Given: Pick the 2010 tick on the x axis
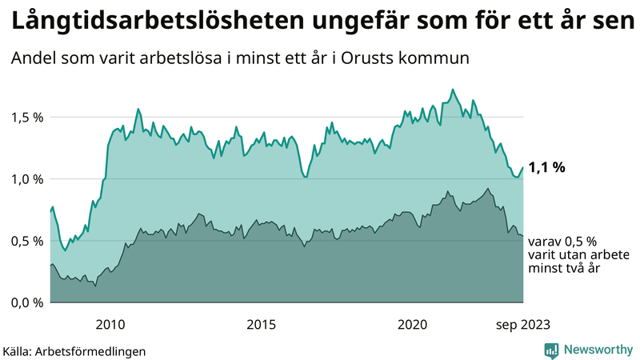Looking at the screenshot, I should pyautogui.click(x=110, y=324).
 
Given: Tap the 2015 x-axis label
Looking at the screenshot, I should pyautogui.click(x=261, y=324).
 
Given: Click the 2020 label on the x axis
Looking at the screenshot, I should pyautogui.click(x=412, y=324).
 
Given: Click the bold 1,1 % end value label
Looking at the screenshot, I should pyautogui.click(x=547, y=168).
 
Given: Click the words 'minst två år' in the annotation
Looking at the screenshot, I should pyautogui.click(x=565, y=269).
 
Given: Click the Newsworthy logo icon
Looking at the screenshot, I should pyautogui.click(x=552, y=350).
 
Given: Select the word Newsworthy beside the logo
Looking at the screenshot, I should pyautogui.click(x=598, y=350).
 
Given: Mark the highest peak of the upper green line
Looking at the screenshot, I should pyautogui.click(x=453, y=90).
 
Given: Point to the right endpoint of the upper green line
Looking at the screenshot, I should pyautogui.click(x=523, y=167).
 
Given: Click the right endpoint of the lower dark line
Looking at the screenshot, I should pyautogui.click(x=523, y=236).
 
